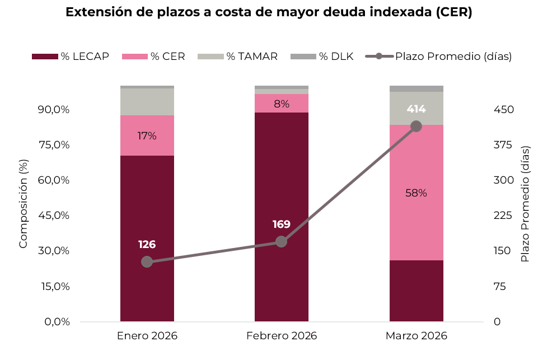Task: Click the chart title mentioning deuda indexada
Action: (269, 13)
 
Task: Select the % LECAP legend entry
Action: (71, 56)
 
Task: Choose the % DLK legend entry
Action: (322, 56)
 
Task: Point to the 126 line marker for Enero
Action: (147, 262)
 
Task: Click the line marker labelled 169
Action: (281, 242)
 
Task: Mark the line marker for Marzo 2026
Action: (416, 127)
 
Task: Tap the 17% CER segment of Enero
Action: (147, 135)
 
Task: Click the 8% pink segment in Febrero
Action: (281, 104)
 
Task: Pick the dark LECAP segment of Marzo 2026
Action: (416, 291)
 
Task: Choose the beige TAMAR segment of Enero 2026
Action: (147, 102)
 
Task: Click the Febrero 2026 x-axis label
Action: (281, 336)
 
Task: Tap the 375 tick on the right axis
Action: (503, 145)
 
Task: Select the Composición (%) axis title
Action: (24, 203)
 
